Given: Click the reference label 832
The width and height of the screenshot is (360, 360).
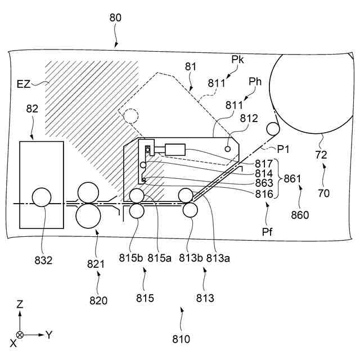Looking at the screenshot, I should [43, 260].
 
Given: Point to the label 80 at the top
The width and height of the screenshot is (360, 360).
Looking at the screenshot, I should [115, 18].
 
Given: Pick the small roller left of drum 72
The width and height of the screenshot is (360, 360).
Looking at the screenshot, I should [273, 129].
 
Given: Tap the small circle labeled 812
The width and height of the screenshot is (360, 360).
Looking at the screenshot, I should [228, 148].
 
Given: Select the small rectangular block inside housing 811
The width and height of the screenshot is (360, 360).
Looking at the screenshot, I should [176, 149].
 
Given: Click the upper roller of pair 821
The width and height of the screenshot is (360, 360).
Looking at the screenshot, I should [88, 193].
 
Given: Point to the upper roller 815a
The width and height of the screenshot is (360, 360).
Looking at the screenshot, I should [137, 196].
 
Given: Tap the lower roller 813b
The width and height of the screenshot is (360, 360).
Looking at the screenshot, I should [189, 210].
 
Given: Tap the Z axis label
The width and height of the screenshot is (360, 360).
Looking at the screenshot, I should [20, 304].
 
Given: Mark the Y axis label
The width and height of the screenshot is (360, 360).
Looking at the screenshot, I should [49, 335].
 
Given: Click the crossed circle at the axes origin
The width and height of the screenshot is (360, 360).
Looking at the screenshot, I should [20, 335].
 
